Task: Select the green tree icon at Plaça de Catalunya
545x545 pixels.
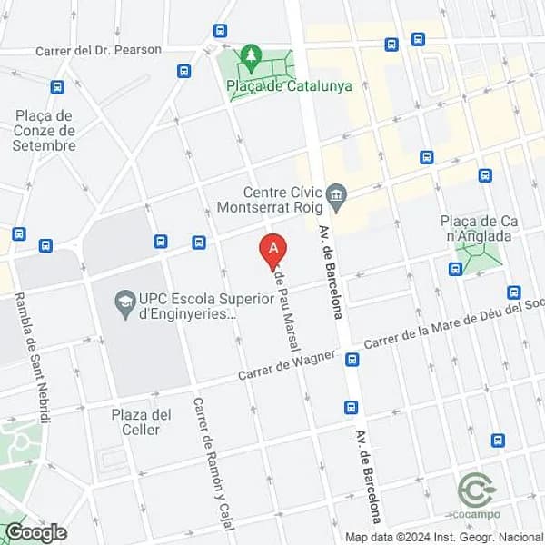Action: [x=252, y=57]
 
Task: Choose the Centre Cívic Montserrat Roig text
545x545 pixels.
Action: [x=270, y=199]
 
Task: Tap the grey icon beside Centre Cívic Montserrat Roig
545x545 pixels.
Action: [x=336, y=193]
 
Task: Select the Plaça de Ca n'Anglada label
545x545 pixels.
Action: [x=476, y=229]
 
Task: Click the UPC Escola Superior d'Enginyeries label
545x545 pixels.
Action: [x=187, y=306]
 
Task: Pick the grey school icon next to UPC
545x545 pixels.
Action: [x=125, y=299]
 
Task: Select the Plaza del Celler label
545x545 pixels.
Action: [x=141, y=422]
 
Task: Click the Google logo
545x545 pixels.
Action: [x=36, y=532]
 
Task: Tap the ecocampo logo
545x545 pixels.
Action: [x=476, y=494]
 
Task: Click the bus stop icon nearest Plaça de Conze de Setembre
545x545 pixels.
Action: [x=58, y=87]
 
